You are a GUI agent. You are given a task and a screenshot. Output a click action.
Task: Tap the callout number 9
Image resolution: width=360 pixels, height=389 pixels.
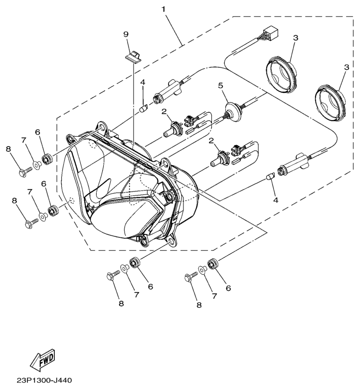point(126,34)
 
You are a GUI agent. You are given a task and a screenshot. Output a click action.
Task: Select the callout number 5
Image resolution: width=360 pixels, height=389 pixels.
point(220,85)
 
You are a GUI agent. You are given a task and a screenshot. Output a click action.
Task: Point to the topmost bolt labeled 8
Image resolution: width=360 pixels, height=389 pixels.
point(23,173)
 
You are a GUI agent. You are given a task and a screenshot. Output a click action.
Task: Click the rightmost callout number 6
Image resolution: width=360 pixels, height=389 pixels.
point(228,288)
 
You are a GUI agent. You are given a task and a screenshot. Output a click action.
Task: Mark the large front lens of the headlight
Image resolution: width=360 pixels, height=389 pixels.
point(100,194)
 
